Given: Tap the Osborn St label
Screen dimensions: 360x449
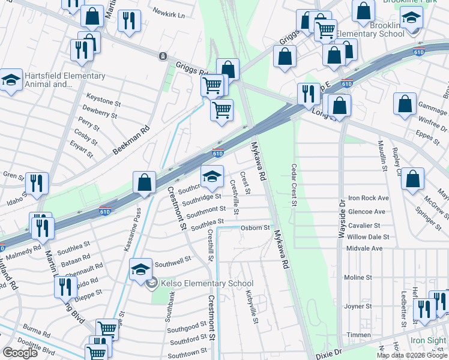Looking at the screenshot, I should (x=255, y=228).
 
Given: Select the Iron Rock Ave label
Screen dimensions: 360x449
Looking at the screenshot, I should (x=369, y=198).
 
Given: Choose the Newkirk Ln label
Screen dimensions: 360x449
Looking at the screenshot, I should (x=169, y=11).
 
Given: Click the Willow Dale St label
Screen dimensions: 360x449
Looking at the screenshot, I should (x=368, y=237).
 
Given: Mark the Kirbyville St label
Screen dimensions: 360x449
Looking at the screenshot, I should (x=252, y=307).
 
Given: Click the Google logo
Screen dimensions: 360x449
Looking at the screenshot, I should (x=20, y=353).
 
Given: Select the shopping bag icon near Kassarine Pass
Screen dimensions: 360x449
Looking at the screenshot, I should (x=145, y=182).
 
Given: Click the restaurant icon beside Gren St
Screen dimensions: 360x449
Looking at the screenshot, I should (x=38, y=184).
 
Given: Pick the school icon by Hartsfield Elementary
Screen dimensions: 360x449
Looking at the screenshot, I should (x=10, y=81).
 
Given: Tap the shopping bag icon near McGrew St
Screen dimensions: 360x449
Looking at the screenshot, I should (x=413, y=179).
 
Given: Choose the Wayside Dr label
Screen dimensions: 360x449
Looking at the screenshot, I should (x=342, y=210).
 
